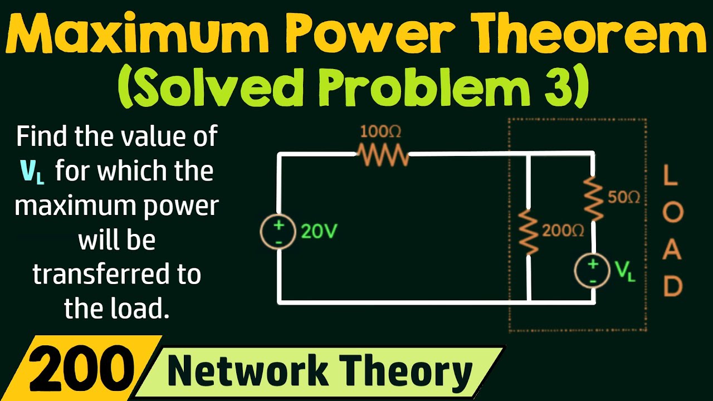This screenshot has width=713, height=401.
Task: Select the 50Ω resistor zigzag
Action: point(594,198)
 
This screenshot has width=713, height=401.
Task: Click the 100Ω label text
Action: point(380,132)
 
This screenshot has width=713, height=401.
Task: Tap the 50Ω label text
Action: point(624,198)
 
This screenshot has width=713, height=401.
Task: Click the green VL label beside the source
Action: point(626,271)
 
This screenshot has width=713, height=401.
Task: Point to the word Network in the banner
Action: point(247,371)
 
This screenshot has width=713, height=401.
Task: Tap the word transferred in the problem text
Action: point(116,275)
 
